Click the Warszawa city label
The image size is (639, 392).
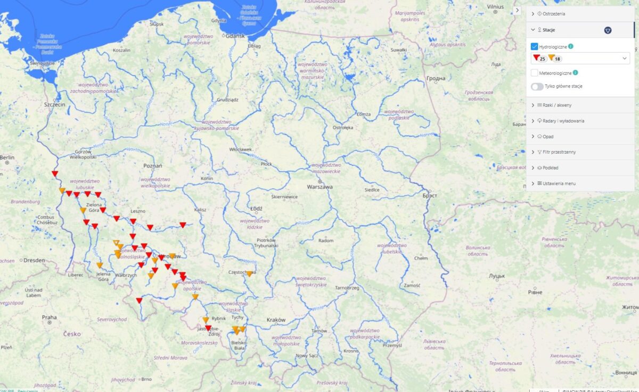pos(319,187)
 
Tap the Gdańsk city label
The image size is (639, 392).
pos(235,36)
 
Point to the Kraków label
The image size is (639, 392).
pos(276,320)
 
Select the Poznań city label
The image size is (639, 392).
pos(152,166)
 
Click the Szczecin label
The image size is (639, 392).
pos(55,105)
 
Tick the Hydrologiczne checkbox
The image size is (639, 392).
pos(535,47)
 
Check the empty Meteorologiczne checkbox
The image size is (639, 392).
pos(535,73)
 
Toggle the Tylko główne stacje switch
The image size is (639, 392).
pos(537,86)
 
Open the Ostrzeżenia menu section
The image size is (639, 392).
pos(554,13)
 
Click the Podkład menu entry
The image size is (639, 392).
pos(552,167)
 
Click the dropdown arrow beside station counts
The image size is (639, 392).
pos(624,58)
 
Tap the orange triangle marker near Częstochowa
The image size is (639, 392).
pos(249,274)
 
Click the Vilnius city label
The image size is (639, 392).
pos(495,6)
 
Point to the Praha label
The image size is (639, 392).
pos(49,317)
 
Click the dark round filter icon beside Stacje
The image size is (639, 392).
pos(608,30)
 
